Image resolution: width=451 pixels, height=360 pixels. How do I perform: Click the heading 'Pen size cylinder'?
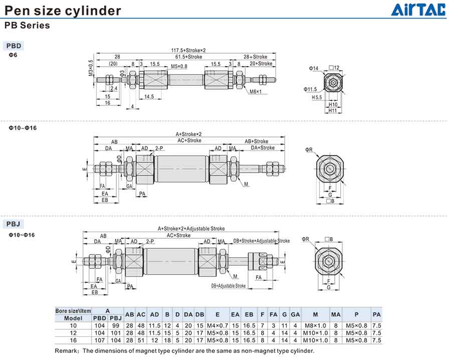(63, 10)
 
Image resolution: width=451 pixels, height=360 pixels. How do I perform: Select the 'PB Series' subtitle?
(27, 26)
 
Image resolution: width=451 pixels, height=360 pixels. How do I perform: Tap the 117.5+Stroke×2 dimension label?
(181, 50)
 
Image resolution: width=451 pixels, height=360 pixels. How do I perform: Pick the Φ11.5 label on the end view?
(310, 89)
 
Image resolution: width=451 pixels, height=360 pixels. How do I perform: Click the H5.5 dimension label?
(317, 98)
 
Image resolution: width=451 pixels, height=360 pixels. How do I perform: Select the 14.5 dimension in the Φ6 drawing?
(149, 97)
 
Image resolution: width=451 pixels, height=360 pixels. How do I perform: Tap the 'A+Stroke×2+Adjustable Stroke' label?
(191, 229)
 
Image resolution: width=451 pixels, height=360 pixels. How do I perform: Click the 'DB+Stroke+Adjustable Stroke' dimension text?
(262, 241)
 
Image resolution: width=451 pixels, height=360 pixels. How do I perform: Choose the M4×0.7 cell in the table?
(217, 326)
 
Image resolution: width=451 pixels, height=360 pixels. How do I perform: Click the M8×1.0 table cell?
(315, 326)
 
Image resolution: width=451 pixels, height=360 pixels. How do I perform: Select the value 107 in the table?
(100, 340)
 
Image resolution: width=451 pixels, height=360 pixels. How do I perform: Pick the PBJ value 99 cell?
(116, 326)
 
